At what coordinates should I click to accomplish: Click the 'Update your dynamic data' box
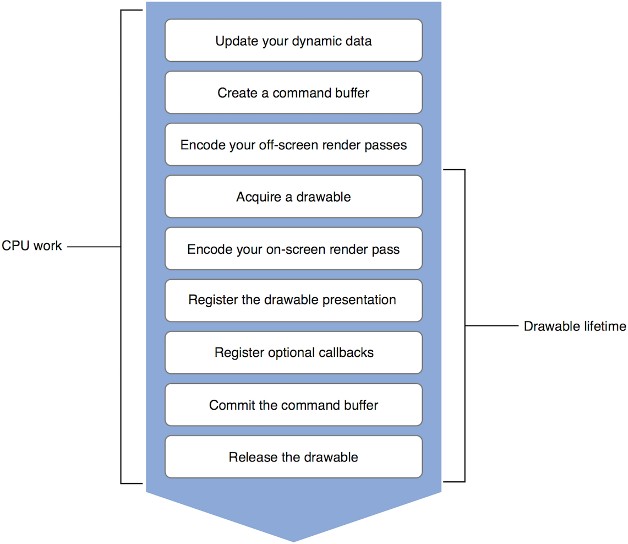tap(293, 41)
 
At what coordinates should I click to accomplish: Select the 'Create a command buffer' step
tap(293, 93)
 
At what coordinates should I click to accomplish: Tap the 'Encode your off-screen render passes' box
tap(293, 145)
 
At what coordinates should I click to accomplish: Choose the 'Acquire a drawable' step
tap(293, 197)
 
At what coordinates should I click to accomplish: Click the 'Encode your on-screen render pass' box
tap(293, 249)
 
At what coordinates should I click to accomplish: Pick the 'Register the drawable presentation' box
tap(293, 301)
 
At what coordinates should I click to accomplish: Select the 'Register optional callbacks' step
tap(293, 352)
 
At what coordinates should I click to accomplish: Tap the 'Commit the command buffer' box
tap(293, 405)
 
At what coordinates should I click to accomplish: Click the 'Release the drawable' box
tap(293, 456)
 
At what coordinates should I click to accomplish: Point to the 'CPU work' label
tap(31, 246)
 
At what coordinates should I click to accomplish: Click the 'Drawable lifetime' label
tap(575, 326)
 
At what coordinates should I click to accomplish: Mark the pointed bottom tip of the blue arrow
tap(293, 540)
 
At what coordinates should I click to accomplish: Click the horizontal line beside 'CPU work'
tap(94, 247)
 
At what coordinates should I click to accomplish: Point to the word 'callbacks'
tap(347, 352)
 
